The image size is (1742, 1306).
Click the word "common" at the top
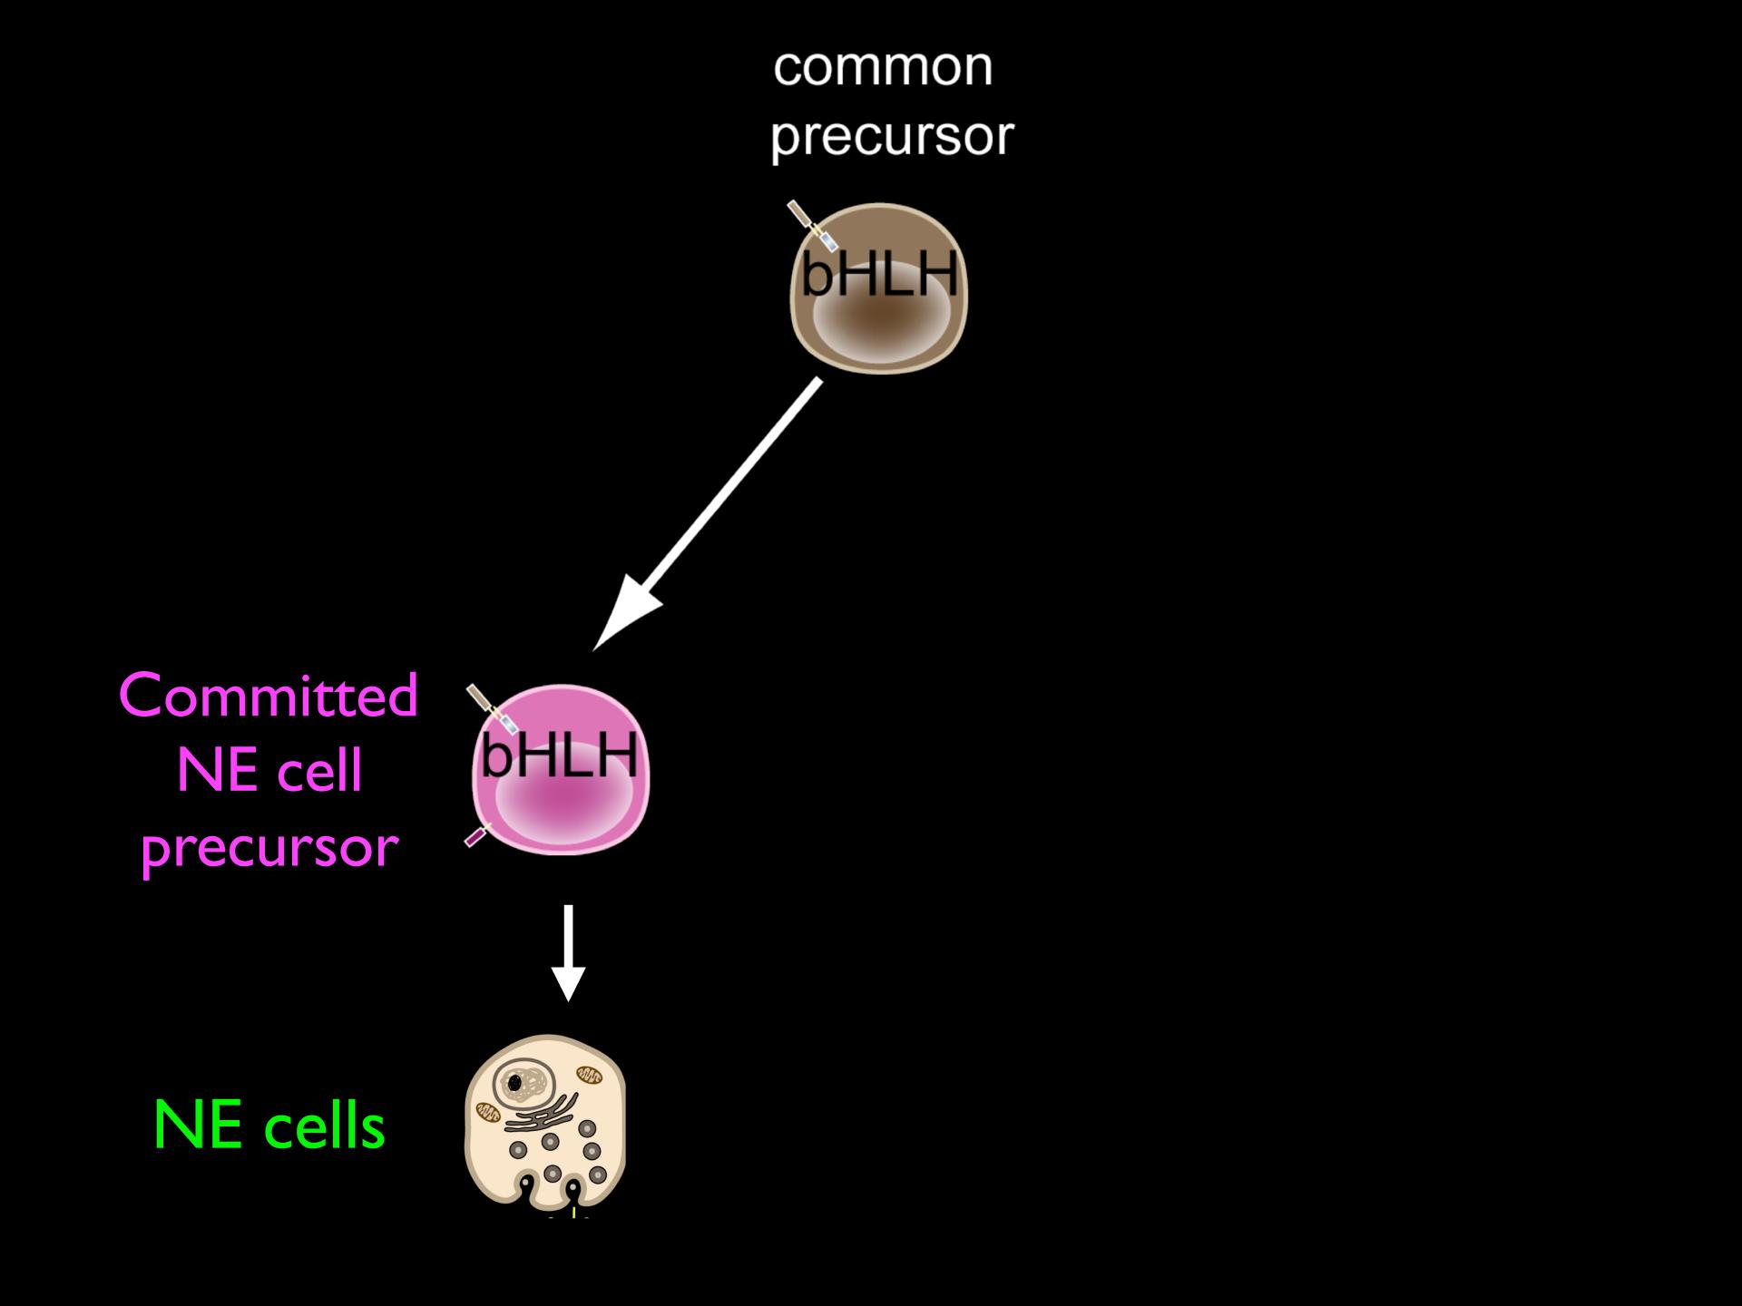pyautogui.click(x=883, y=68)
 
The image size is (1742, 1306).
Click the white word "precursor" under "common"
pyautogui.click(x=892, y=137)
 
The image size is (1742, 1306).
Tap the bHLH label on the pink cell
pyautogui.click(x=559, y=755)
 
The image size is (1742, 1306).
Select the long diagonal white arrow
pyautogui.click(x=707, y=514)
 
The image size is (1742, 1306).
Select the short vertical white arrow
pyautogui.click(x=568, y=952)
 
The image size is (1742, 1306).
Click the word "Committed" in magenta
pyautogui.click(x=269, y=697)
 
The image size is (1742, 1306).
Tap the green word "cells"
pyautogui.click(x=325, y=1126)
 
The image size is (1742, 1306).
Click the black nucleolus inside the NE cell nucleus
pyautogui.click(x=514, y=1082)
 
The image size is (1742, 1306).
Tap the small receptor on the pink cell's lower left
pyautogui.click(x=477, y=834)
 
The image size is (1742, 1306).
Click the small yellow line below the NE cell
pyautogui.click(x=573, y=1212)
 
